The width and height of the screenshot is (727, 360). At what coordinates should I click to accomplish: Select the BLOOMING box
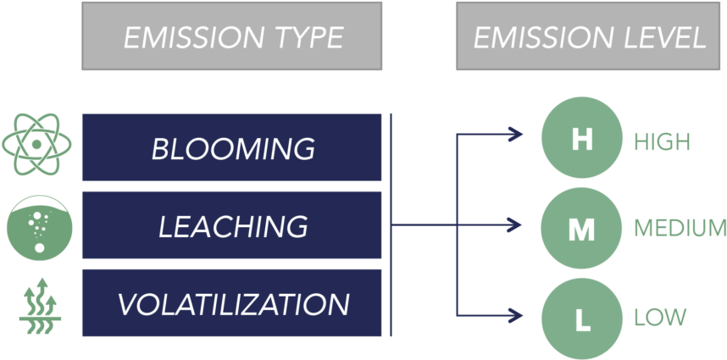[x=231, y=147]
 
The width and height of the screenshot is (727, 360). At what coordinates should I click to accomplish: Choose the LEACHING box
[x=231, y=225]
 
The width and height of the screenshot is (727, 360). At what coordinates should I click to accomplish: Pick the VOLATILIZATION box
[x=231, y=303]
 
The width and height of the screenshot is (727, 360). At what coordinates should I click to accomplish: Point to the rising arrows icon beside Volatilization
[x=39, y=303]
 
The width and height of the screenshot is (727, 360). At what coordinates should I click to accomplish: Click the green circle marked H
[x=581, y=139]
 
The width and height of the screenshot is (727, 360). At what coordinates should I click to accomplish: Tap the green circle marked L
[x=581, y=318]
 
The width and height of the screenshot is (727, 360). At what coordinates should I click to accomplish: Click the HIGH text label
[x=662, y=141]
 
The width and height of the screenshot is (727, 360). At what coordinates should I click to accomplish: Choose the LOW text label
[x=659, y=318]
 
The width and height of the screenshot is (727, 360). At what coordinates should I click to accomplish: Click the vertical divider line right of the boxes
[x=391, y=224]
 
